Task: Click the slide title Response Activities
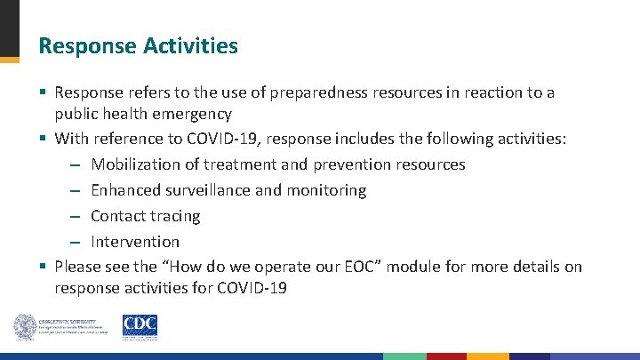point(138,45)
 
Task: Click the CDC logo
point(140,327)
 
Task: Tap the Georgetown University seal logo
point(24,327)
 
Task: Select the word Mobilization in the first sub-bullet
point(132,164)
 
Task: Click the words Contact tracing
point(145,216)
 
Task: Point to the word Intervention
point(135,242)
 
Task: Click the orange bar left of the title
point(9,60)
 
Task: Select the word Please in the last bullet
point(78,268)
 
